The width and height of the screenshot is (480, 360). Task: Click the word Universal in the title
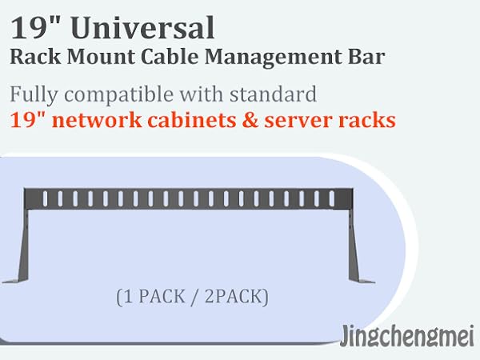(x=142, y=28)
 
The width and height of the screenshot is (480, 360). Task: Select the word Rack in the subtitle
(x=35, y=57)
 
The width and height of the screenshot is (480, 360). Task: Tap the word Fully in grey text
(x=34, y=94)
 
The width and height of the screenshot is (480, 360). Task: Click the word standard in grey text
(x=273, y=94)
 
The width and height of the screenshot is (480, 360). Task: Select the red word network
(x=97, y=120)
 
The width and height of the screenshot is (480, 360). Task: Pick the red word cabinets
(x=192, y=119)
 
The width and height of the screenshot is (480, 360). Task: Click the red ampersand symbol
(x=250, y=120)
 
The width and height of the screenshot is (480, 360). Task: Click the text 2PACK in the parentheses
(x=234, y=296)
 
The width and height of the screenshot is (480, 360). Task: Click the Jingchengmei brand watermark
(x=407, y=337)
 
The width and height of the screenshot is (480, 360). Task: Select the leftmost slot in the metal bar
(x=46, y=198)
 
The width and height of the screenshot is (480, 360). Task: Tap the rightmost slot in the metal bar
(x=331, y=198)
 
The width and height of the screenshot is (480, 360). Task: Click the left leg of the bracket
(x=23, y=245)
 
